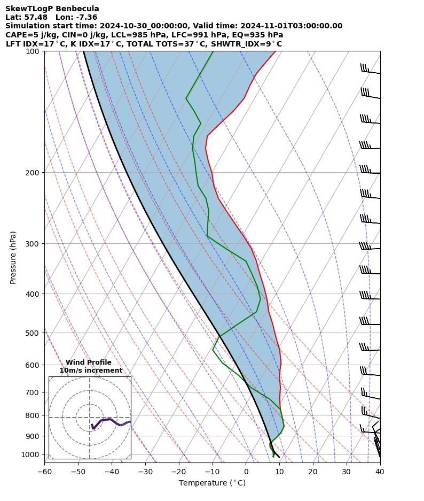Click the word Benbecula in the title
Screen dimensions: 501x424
point(78,9)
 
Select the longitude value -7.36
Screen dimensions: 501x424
point(86,17)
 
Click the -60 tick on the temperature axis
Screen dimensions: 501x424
point(44,472)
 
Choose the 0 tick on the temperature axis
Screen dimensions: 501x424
point(246,472)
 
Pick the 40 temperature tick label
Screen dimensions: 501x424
point(380,472)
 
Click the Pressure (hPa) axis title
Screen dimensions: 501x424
point(13,257)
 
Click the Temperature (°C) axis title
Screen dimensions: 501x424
point(212,483)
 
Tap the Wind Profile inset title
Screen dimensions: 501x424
point(89,363)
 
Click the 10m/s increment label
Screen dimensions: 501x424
point(91,371)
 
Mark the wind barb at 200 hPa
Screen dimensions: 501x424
point(370,171)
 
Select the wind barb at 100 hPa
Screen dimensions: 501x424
point(370,70)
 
